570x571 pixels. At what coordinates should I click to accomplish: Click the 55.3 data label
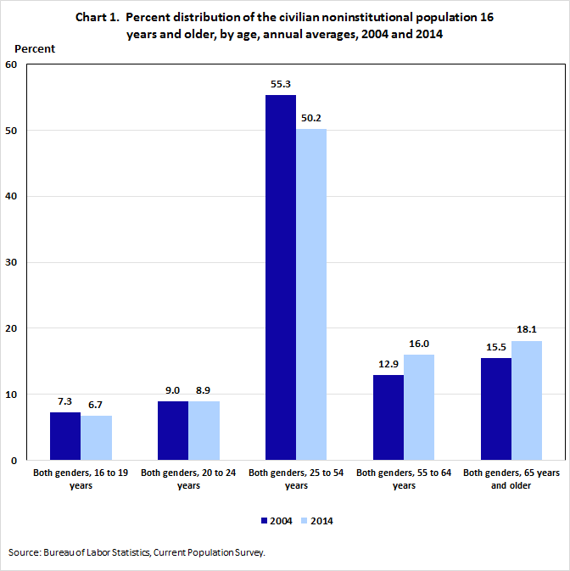coord(281,85)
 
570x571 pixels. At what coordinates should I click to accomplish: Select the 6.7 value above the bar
coord(96,406)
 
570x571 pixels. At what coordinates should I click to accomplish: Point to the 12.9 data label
coord(388,365)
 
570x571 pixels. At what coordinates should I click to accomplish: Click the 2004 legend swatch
coord(265,520)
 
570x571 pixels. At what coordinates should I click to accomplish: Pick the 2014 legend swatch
coord(305,520)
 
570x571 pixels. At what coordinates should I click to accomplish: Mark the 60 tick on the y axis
coord(13,64)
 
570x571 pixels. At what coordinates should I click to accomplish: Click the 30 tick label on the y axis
coord(13,262)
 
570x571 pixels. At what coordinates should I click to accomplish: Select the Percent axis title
coord(34,48)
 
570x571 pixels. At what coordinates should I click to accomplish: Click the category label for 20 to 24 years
coord(188,479)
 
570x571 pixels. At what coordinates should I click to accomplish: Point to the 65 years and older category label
coord(511,479)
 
